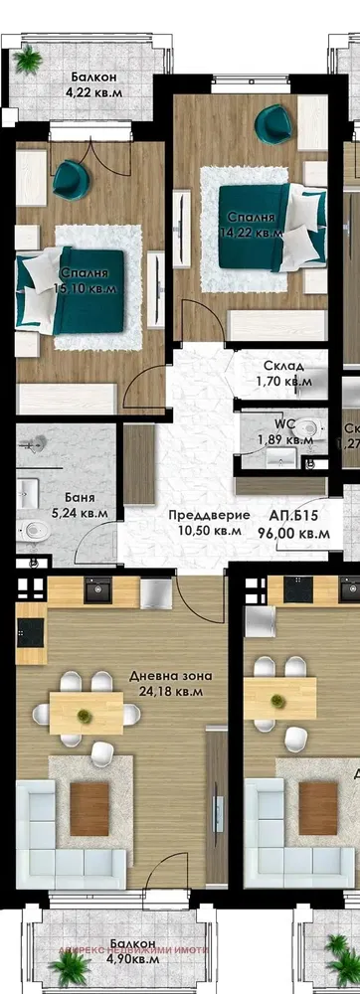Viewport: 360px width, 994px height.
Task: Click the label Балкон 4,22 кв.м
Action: point(91,86)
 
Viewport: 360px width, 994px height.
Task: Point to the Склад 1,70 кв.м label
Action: point(288,373)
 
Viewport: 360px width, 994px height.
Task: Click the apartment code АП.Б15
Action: point(293,516)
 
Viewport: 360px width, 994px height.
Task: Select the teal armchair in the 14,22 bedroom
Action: point(271,126)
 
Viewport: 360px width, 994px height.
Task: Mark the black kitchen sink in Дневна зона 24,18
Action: point(98,590)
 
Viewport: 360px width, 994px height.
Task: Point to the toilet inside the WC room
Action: point(311,430)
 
